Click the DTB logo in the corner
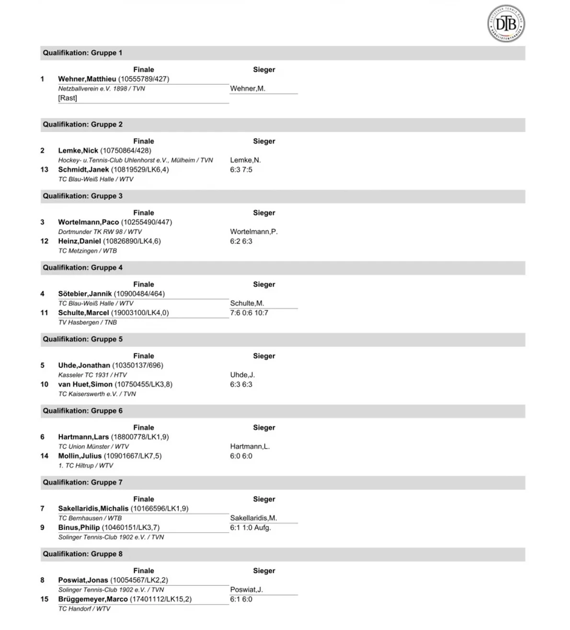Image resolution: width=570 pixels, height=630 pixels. (x=506, y=23)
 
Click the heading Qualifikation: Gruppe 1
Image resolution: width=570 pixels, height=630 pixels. (x=82, y=53)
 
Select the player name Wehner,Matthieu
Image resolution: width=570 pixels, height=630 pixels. (x=87, y=79)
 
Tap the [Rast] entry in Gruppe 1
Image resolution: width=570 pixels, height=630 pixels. (x=68, y=98)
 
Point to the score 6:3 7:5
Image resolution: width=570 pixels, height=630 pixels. (x=241, y=170)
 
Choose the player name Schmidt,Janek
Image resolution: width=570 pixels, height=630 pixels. (x=83, y=170)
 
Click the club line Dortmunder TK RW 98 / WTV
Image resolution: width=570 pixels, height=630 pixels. (x=100, y=232)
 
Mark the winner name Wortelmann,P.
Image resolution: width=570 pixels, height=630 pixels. (x=254, y=232)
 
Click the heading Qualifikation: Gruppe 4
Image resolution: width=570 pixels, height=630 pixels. (x=82, y=268)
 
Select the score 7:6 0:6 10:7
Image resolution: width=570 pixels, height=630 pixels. (x=249, y=313)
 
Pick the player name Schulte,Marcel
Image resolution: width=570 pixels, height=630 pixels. (x=83, y=313)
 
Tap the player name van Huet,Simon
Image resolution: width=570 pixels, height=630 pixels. (x=85, y=385)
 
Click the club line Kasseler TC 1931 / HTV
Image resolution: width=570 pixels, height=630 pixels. (x=92, y=375)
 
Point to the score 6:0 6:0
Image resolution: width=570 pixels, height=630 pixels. (x=241, y=456)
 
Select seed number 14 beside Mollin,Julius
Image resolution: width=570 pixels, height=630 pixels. (x=45, y=456)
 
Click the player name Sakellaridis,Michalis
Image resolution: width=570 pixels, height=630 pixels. (x=93, y=509)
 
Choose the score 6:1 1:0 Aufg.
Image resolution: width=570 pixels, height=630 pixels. (x=251, y=528)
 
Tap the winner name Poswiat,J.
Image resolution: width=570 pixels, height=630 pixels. (x=246, y=590)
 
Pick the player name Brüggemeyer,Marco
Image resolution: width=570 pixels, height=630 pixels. (x=93, y=599)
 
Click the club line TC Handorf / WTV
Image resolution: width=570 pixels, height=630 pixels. (x=84, y=609)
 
